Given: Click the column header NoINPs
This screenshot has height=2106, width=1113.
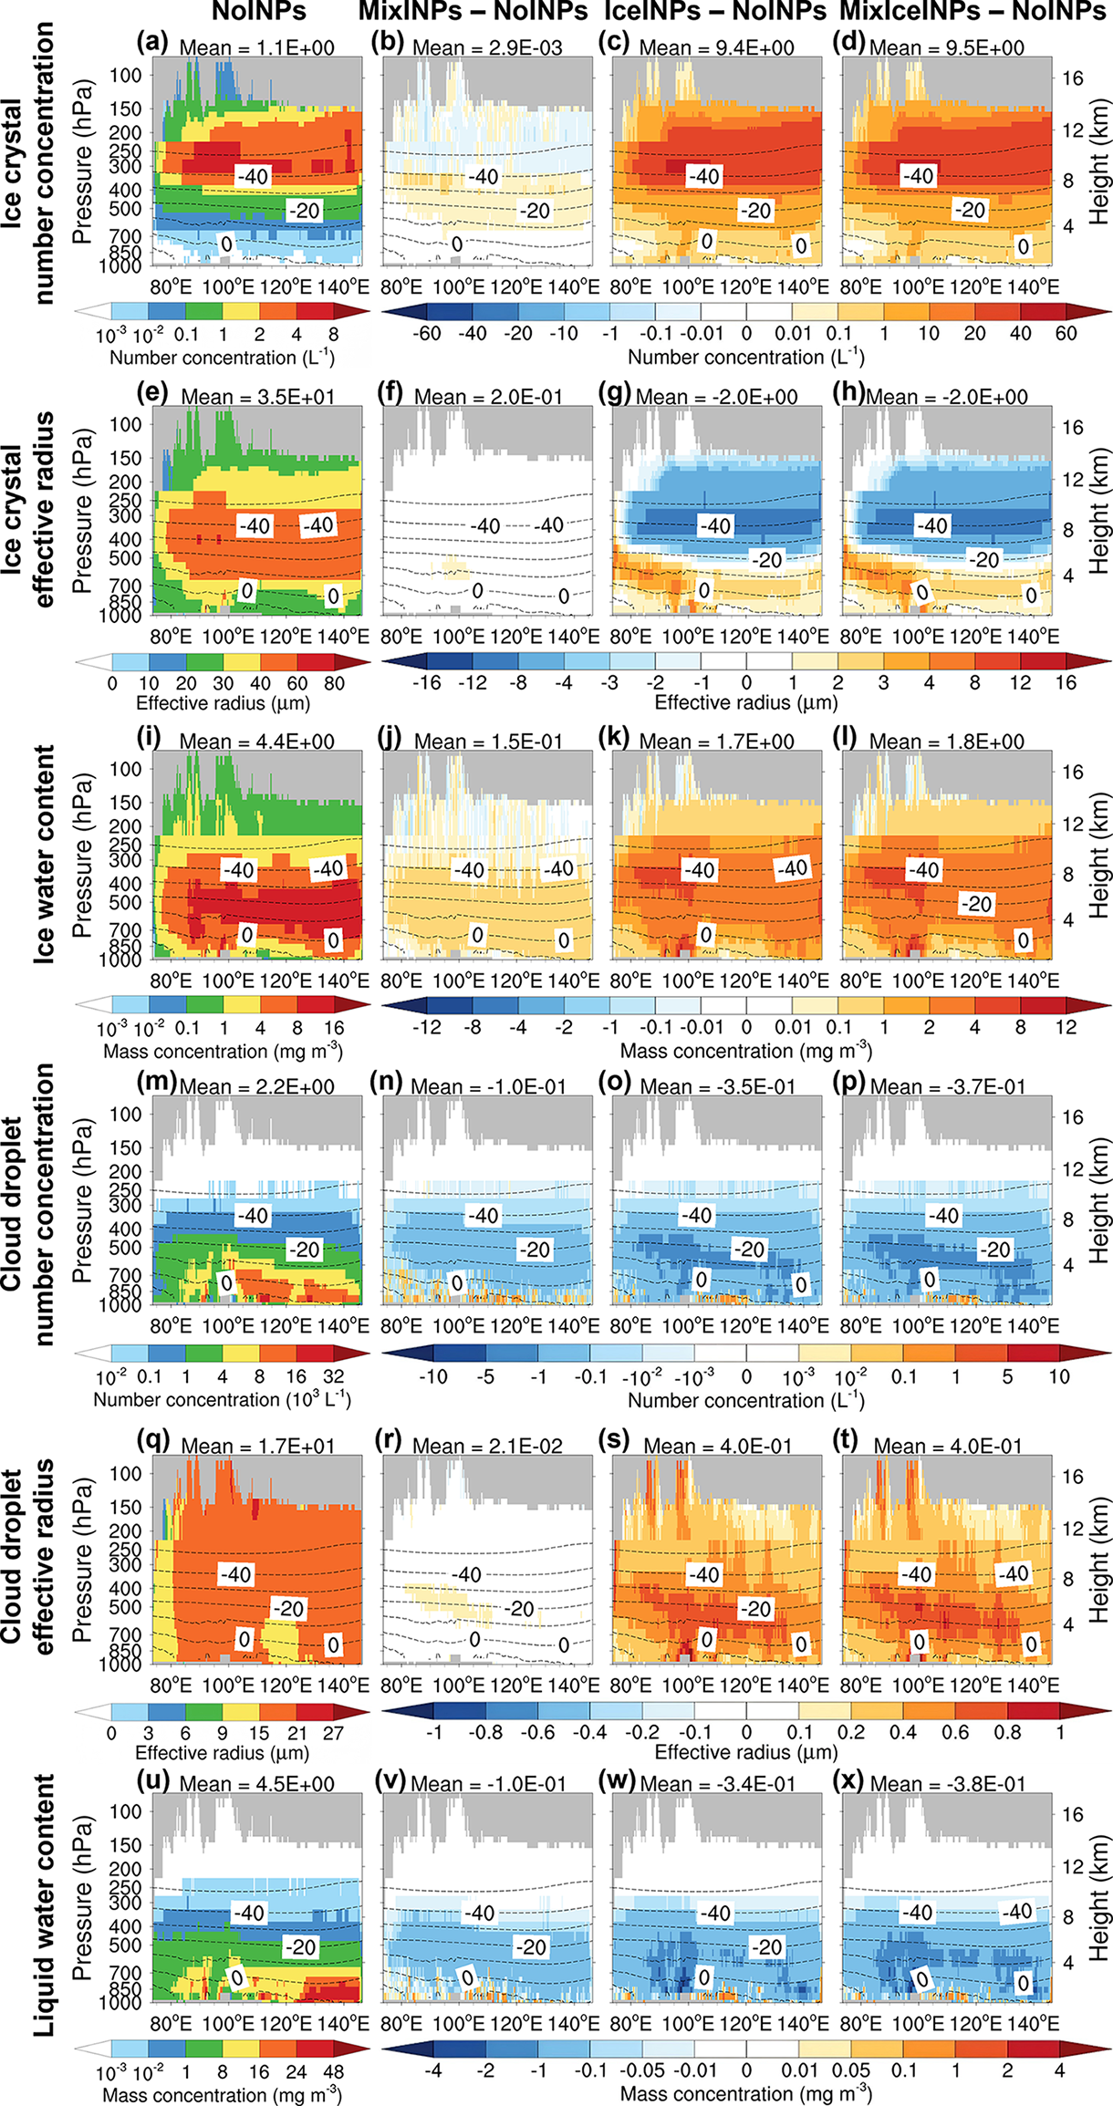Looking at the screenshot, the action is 258,12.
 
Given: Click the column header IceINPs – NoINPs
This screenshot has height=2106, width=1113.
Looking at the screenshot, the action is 715,12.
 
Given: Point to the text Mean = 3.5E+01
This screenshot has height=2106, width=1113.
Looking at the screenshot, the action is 258,397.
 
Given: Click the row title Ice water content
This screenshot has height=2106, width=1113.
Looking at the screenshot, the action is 43,855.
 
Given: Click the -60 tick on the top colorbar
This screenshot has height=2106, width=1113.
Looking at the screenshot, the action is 427,333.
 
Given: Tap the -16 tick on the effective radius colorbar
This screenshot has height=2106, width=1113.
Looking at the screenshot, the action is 427,682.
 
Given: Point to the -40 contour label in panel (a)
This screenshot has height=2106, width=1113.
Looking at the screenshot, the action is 252,175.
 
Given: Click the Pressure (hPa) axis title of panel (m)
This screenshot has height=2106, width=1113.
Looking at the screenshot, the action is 83,1201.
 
